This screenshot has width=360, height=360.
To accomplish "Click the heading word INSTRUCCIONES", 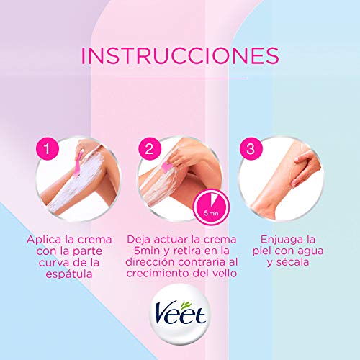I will coord(180,55).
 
